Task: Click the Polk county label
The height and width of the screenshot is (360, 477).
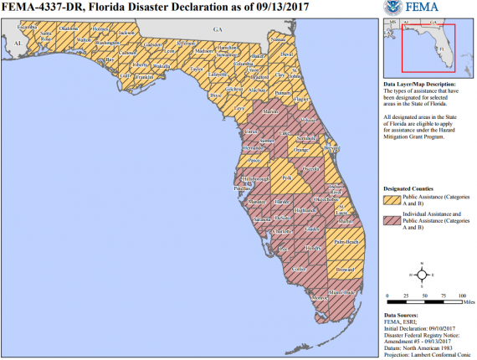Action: [x=287, y=178]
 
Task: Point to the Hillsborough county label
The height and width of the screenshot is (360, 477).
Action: [x=254, y=179]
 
